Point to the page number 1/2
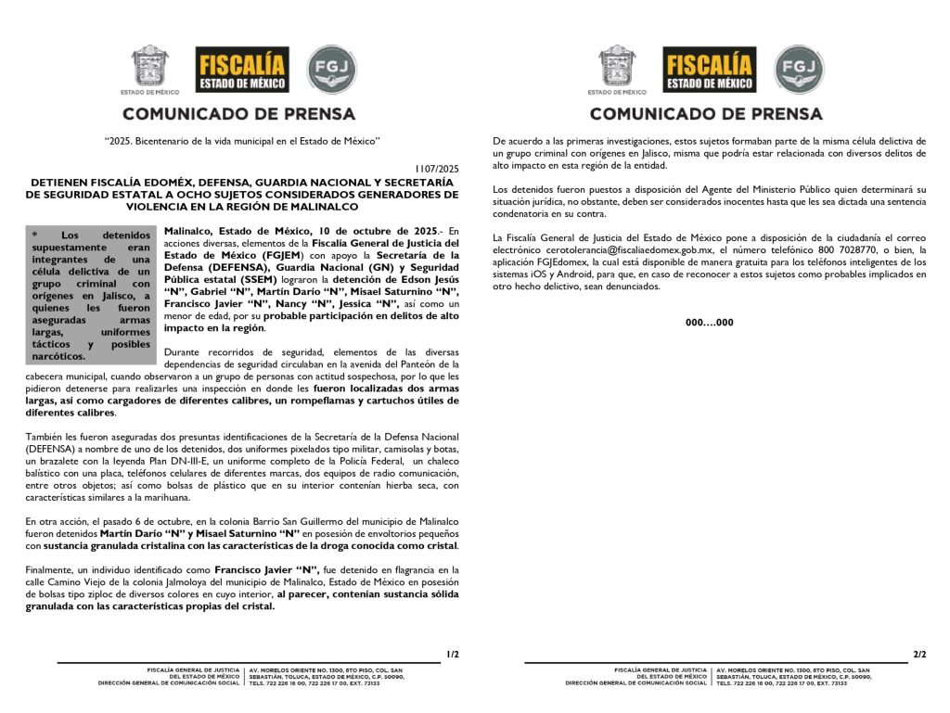(453, 655)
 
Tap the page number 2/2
(919, 655)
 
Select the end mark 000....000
(710, 323)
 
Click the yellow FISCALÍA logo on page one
(242, 70)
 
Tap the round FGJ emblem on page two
(799, 70)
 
